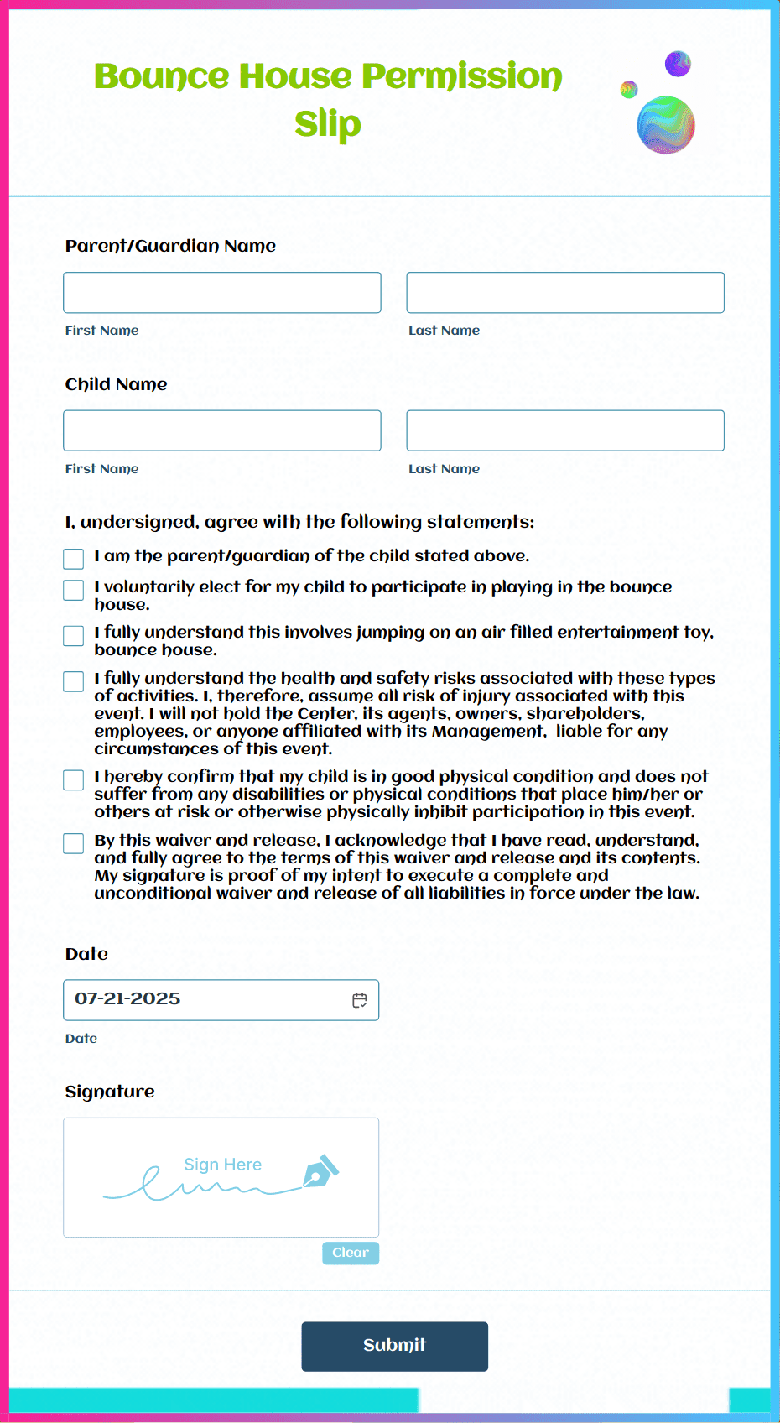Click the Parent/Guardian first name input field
222,293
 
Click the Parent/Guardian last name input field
565,293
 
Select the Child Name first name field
222,430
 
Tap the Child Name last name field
565,430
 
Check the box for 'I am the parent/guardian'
74,559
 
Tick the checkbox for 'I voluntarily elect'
74,590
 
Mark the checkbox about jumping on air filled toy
74,636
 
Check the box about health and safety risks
74,681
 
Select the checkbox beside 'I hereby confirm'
74,780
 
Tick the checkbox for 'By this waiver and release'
74,843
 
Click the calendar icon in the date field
360,1000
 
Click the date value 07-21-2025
127,999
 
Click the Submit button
394,1346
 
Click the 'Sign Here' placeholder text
222,1165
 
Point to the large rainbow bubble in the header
666,125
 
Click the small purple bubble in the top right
678,64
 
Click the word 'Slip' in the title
328,124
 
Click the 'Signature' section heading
110,1092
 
